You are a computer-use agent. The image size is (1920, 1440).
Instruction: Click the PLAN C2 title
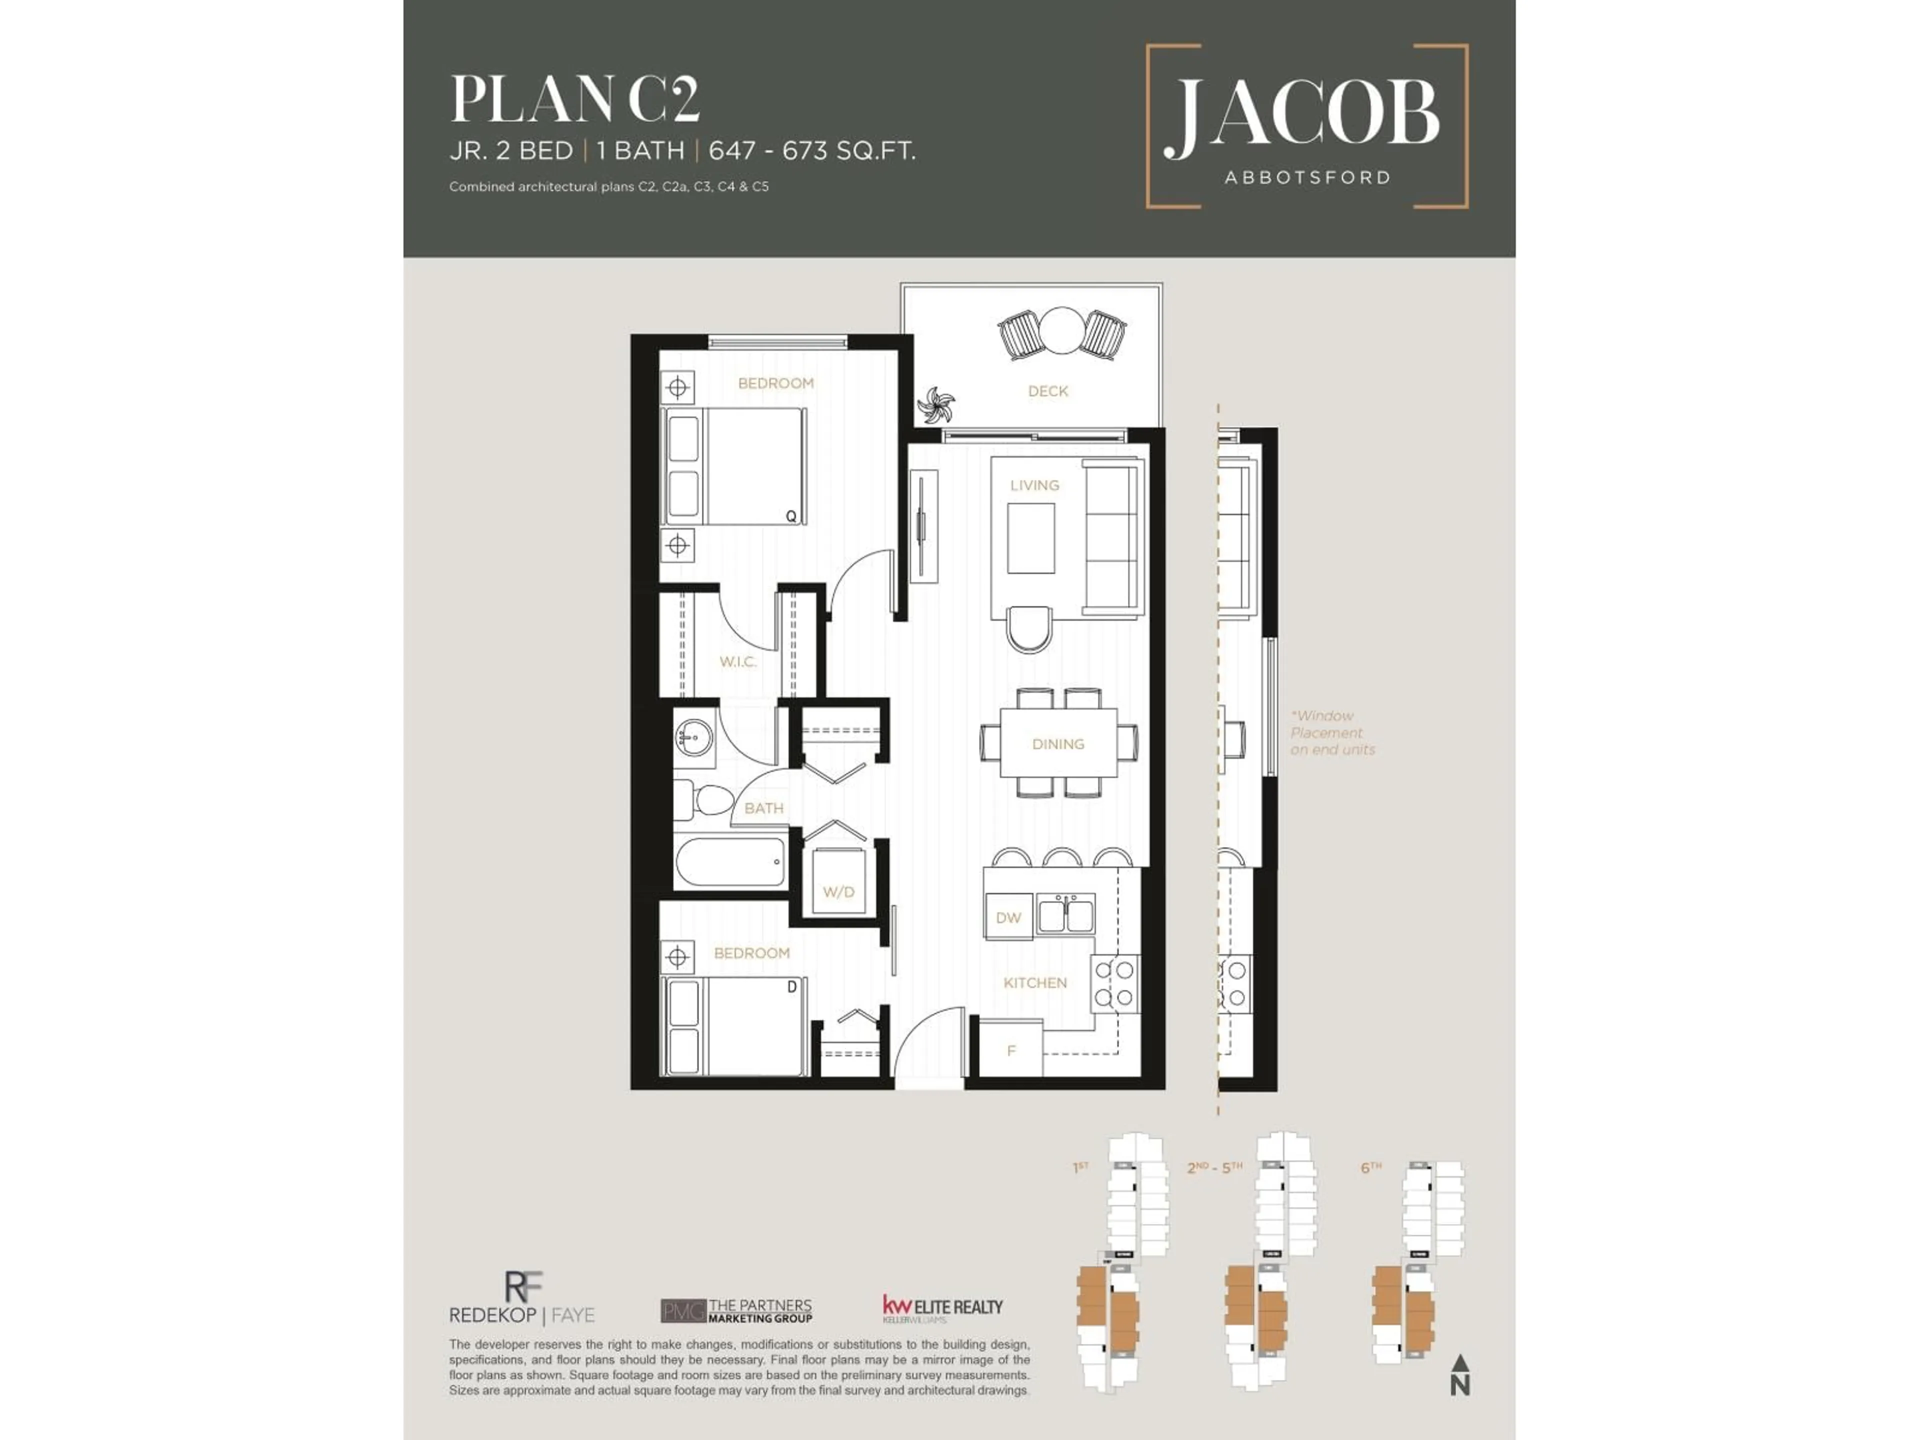(x=574, y=100)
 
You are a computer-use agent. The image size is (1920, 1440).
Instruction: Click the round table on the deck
(x=1060, y=330)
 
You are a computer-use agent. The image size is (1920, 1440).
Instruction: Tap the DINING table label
(x=1058, y=744)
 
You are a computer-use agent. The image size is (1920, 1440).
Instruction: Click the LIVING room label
(x=1034, y=485)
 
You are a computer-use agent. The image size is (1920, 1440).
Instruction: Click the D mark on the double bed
(x=790, y=987)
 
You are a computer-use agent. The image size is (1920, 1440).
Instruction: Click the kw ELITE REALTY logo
(x=942, y=1308)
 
